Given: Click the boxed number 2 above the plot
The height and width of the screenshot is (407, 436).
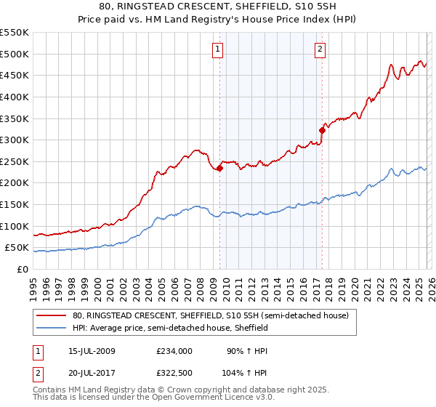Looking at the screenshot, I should coord(320,49).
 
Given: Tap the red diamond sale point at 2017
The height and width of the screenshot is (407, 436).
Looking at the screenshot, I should coord(322,131).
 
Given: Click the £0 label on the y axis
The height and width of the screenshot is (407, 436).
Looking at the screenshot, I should coord(22,270).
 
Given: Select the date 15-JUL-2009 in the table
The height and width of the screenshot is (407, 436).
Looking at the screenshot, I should coord(89,350).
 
